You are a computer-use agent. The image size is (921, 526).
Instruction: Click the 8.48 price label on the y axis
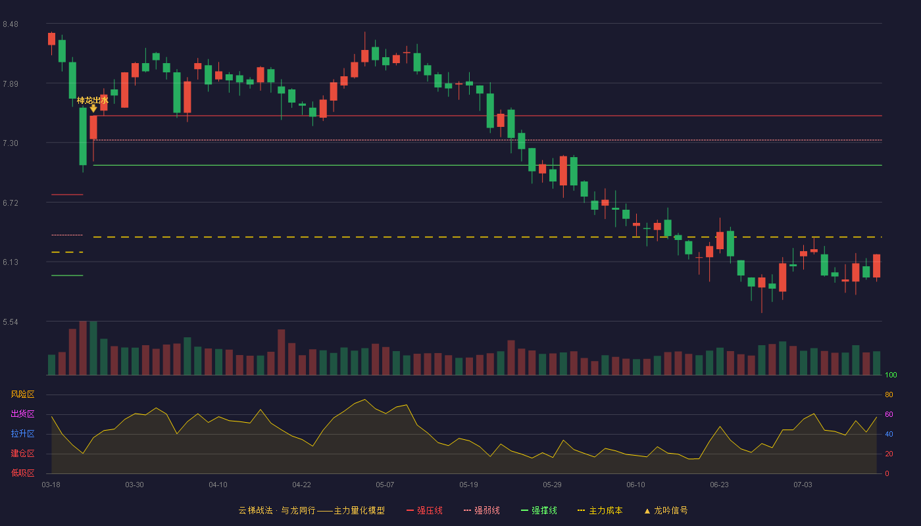click(x=11, y=24)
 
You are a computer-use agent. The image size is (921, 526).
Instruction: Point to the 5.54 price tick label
click(x=11, y=322)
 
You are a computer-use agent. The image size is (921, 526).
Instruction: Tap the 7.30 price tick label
click(x=11, y=143)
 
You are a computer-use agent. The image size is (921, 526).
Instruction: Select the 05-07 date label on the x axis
click(x=385, y=485)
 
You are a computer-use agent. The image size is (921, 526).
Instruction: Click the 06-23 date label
click(x=719, y=485)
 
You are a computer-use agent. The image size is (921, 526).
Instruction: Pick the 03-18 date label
click(x=51, y=485)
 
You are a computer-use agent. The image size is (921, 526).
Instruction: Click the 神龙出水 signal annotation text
click(x=93, y=100)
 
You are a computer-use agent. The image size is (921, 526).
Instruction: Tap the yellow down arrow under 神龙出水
click(x=93, y=108)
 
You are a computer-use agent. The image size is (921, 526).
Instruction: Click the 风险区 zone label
click(x=22, y=394)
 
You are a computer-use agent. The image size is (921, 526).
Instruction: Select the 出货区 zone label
click(x=22, y=414)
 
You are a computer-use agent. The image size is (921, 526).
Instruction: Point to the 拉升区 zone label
click(x=22, y=433)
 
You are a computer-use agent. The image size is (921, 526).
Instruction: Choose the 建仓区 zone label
click(x=22, y=453)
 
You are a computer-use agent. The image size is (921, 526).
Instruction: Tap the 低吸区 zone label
click(x=22, y=473)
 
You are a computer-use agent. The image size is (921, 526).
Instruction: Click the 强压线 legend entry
click(x=424, y=510)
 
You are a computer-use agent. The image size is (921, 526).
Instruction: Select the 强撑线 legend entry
click(x=539, y=510)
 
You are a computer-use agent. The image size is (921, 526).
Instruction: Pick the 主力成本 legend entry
click(x=600, y=510)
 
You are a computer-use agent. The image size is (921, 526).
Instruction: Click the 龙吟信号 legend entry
click(x=666, y=510)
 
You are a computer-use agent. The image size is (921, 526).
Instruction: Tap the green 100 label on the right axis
click(x=891, y=375)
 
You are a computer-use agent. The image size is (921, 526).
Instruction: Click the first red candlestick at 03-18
click(x=51, y=39)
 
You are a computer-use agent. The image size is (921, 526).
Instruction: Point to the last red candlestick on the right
click(x=876, y=266)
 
